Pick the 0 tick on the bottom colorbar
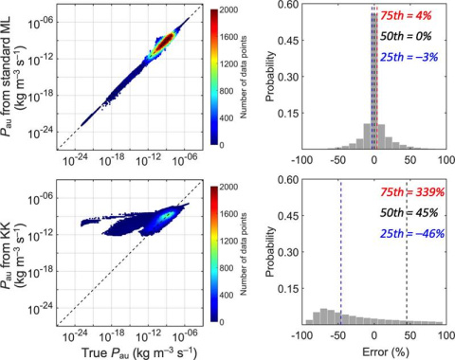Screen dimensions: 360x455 click(227, 323)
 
